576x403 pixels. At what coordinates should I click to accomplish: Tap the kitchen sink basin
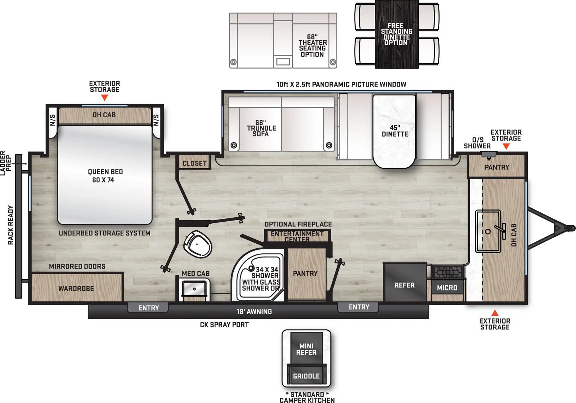(x=488, y=231)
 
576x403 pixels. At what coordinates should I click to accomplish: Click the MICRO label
(x=447, y=288)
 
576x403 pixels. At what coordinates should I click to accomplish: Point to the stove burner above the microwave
(x=447, y=272)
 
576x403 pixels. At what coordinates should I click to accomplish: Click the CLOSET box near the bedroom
(x=194, y=163)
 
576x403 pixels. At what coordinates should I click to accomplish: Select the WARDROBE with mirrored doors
(x=76, y=289)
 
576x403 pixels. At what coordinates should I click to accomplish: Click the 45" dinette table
(x=395, y=131)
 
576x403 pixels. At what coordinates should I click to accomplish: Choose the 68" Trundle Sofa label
(x=261, y=128)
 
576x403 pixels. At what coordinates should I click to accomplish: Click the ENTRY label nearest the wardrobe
(x=148, y=308)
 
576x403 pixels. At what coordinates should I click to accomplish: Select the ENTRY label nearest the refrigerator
(x=359, y=307)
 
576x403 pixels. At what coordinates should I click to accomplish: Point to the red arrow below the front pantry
(x=495, y=312)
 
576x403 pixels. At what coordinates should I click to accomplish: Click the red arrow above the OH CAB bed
(x=104, y=98)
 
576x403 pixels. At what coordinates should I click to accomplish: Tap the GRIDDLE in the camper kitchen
(x=306, y=376)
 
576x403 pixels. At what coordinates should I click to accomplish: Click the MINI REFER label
(x=306, y=349)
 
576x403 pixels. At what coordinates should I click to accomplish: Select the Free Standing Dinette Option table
(x=396, y=35)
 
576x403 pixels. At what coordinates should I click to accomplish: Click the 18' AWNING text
(x=254, y=312)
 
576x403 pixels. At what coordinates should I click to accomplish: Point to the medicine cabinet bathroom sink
(x=194, y=289)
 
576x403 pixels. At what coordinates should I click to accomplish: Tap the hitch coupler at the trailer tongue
(x=570, y=228)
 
